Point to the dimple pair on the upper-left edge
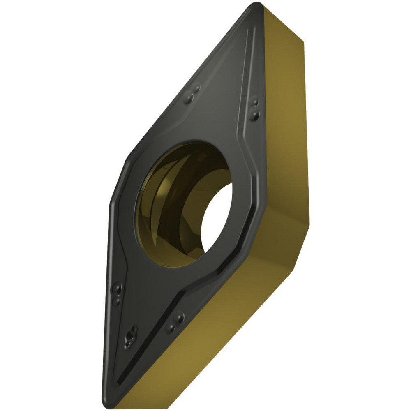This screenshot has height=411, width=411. tap(192, 94)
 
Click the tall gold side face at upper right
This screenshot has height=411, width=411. tap(284, 103)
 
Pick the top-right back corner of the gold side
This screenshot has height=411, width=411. tap(303, 39)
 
